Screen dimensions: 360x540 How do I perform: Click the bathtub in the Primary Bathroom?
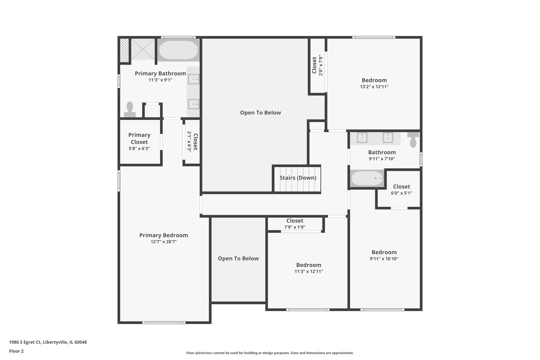pos(178,50)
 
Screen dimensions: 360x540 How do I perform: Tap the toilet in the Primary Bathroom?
pos(130,110)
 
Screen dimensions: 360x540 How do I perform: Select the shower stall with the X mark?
pos(143,49)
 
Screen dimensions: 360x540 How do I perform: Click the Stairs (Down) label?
pos(298,178)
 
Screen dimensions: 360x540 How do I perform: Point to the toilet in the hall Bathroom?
pos(413,139)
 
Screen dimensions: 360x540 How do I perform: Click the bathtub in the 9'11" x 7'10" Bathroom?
pos(367,178)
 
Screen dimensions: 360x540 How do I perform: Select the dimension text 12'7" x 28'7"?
pos(163,242)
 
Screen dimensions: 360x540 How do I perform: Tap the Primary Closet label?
pos(139,138)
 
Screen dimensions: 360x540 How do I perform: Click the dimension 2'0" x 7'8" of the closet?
pos(321,66)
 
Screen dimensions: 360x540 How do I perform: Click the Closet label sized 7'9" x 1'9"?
pos(295,221)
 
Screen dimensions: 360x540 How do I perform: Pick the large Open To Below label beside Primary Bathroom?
pos(260,113)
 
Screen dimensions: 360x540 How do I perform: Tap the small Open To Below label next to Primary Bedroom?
pos(238,258)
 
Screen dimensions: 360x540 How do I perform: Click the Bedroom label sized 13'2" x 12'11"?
pos(374,80)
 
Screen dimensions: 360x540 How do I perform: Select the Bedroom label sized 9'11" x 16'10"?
pos(384,252)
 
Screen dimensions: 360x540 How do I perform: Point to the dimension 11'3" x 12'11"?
pos(309,271)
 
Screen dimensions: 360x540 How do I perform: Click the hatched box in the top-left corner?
pos(124,50)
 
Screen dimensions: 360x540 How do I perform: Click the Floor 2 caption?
pos(16,351)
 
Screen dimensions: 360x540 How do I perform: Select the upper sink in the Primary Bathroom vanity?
pos(194,79)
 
